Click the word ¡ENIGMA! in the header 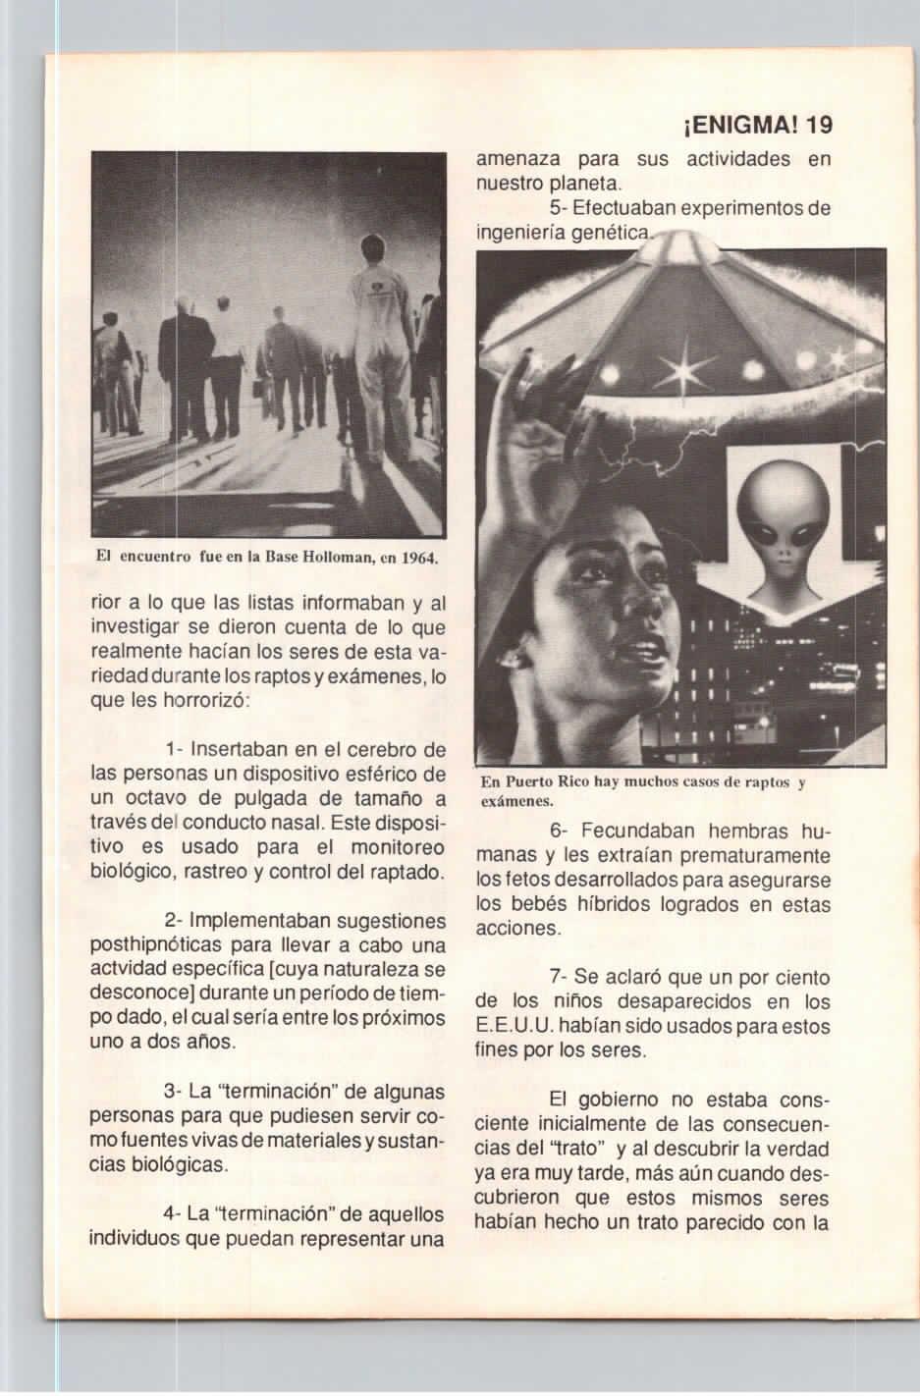tap(737, 126)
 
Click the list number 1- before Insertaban tap(176, 750)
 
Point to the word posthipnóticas tap(157, 946)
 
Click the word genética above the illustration tap(614, 234)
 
